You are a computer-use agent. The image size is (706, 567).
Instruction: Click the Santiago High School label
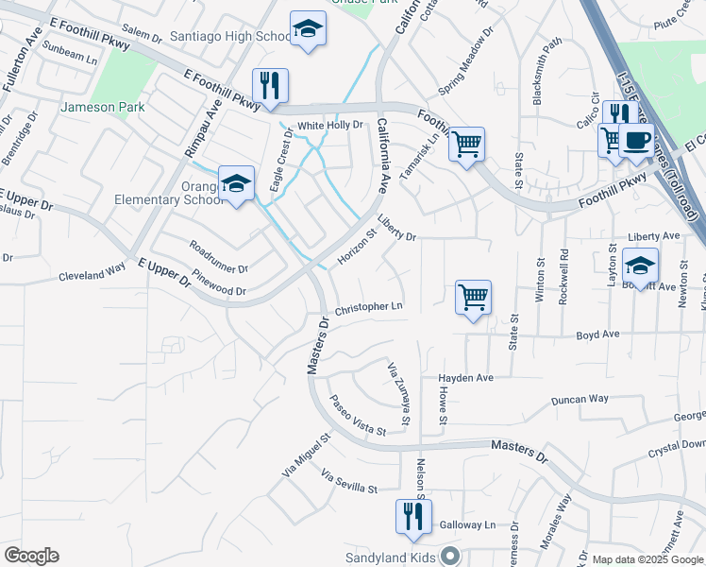[230, 36]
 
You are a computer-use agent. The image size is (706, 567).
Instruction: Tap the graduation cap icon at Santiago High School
[307, 30]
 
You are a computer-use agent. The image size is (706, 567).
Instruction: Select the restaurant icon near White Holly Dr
[270, 85]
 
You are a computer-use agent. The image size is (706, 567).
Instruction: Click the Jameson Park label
[103, 107]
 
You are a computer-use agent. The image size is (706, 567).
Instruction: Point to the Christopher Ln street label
[369, 307]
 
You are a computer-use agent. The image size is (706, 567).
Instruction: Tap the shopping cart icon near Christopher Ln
[473, 297]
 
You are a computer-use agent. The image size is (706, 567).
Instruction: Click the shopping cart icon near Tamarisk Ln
[466, 144]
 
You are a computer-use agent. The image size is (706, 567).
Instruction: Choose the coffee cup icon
[637, 140]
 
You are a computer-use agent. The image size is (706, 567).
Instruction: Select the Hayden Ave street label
[465, 378]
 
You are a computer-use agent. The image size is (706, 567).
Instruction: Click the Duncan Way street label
[580, 400]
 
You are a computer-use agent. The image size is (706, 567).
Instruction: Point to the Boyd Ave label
[597, 335]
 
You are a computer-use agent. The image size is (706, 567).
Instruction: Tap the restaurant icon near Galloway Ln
[412, 516]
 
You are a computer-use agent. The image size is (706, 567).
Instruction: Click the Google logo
[31, 556]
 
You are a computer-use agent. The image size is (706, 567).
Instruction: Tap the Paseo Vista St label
[357, 416]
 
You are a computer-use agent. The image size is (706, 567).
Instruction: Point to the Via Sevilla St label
[348, 481]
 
